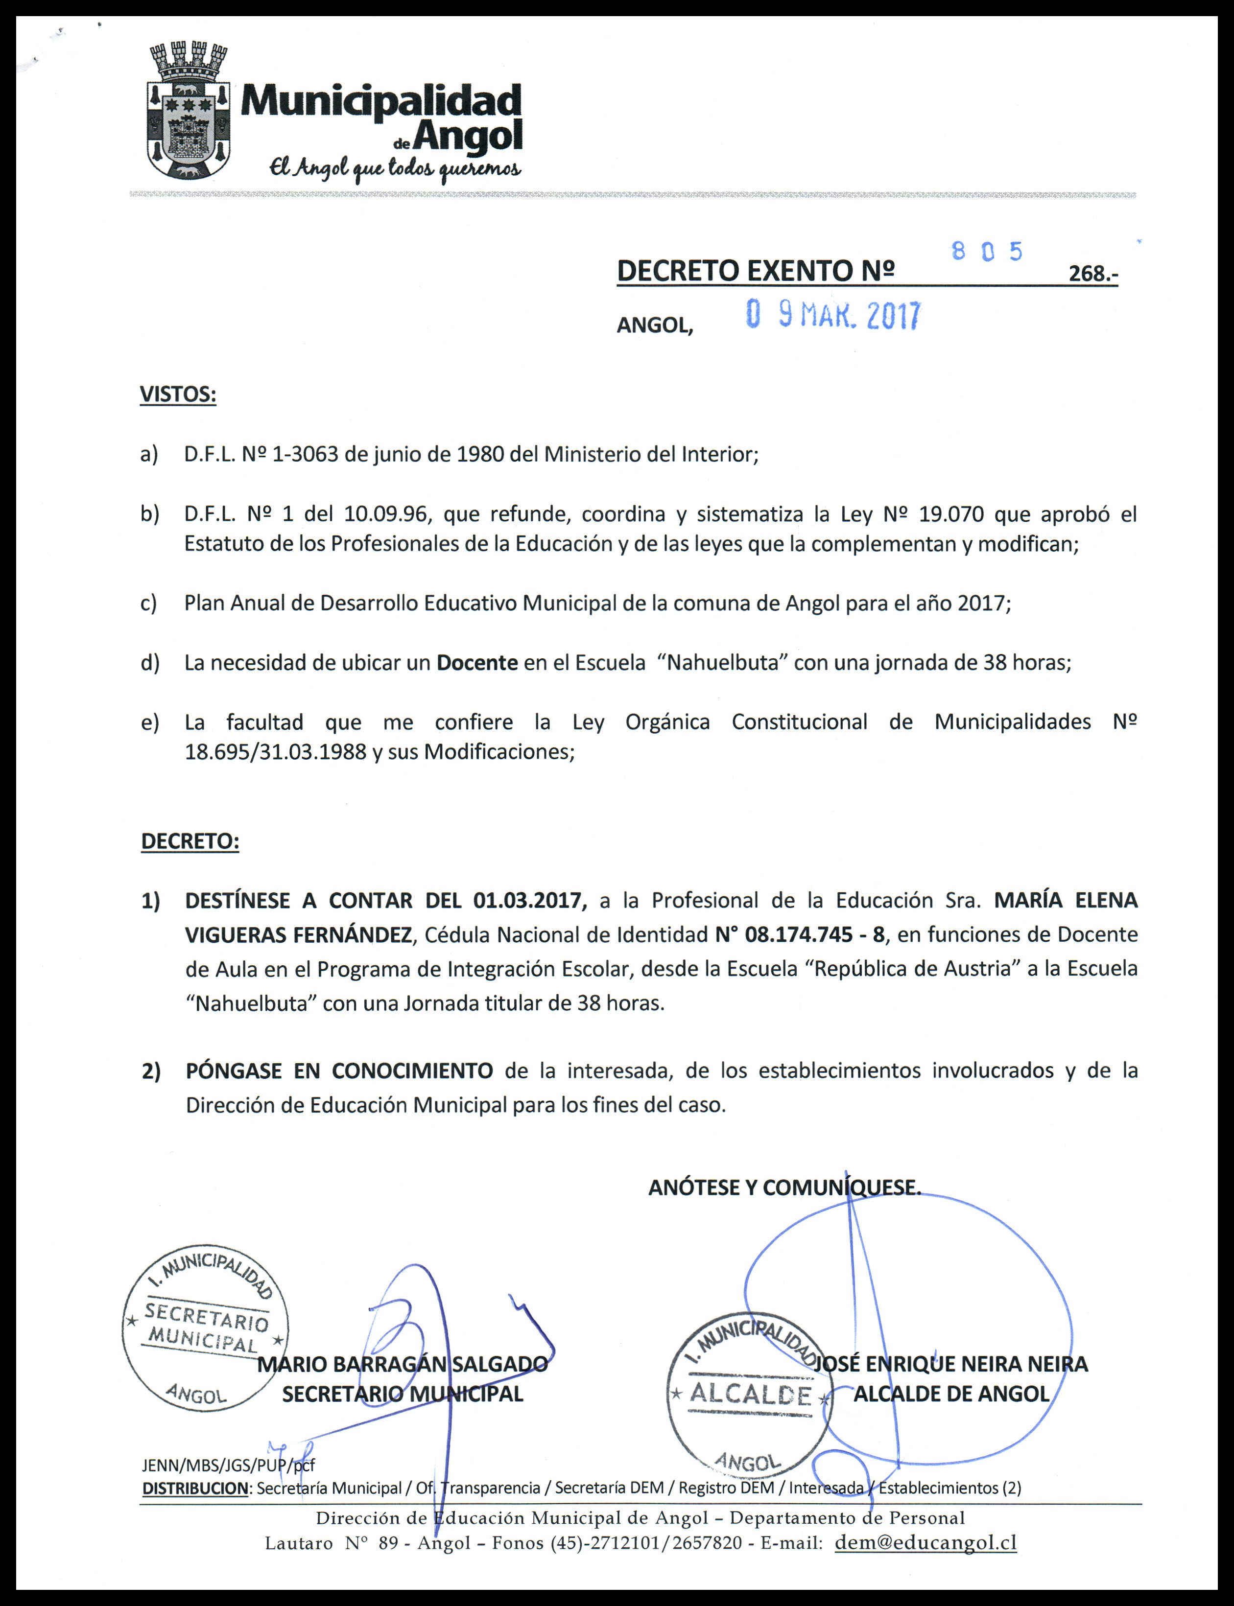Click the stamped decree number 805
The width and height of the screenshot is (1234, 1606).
tap(986, 253)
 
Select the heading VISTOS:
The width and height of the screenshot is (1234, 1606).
tap(178, 395)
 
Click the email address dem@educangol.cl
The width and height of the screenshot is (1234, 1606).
tap(925, 1543)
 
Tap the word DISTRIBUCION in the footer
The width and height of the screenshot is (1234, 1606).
tap(195, 1489)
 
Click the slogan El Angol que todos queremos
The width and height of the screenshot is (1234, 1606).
tap(395, 170)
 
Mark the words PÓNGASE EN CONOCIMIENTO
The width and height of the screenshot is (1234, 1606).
tap(339, 1071)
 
